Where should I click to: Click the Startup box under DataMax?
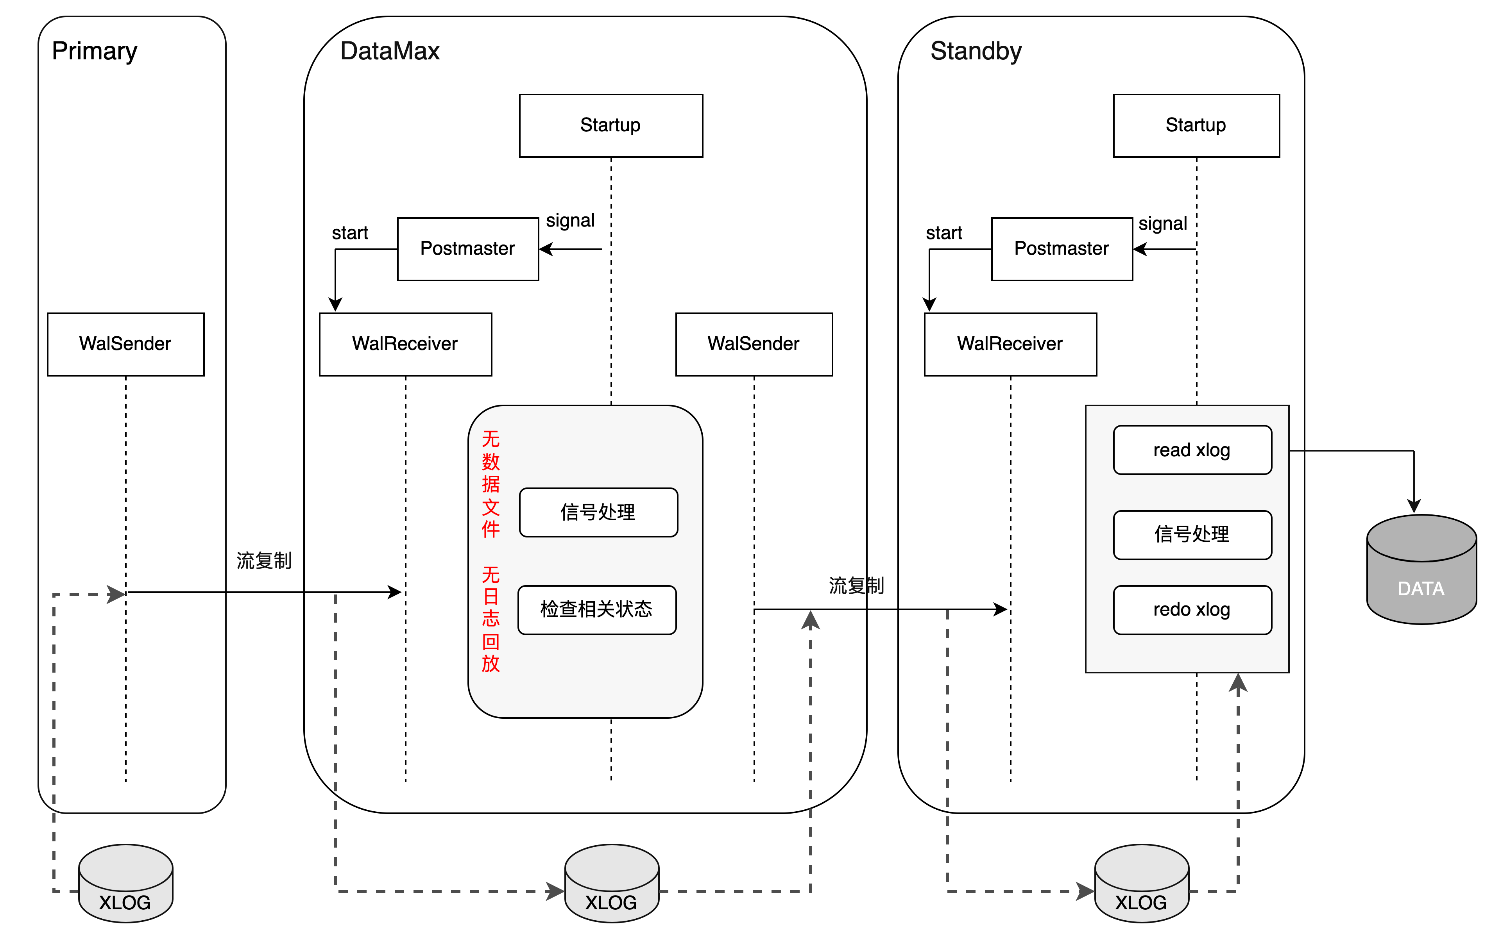pyautogui.click(x=611, y=125)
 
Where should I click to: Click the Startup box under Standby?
pyautogui.click(x=1196, y=125)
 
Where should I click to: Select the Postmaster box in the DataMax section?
pyautogui.click(x=467, y=248)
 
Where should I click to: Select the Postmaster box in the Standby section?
pyautogui.click(x=1062, y=248)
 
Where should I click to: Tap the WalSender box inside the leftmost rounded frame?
pyautogui.click(x=125, y=344)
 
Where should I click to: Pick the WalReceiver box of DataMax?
pyautogui.click(x=405, y=344)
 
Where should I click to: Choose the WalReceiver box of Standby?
pyautogui.click(x=1010, y=344)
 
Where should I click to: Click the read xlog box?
pyautogui.click(x=1192, y=450)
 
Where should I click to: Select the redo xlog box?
pyautogui.click(x=1192, y=610)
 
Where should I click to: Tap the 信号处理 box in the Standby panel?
pyautogui.click(x=1192, y=534)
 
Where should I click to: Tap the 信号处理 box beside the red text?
pyautogui.click(x=598, y=512)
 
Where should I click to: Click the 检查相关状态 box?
pyautogui.click(x=596, y=610)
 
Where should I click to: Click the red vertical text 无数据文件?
pyautogui.click(x=491, y=484)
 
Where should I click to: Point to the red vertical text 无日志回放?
pyautogui.click(x=491, y=619)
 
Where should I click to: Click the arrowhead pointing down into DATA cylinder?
pyautogui.click(x=1414, y=505)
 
